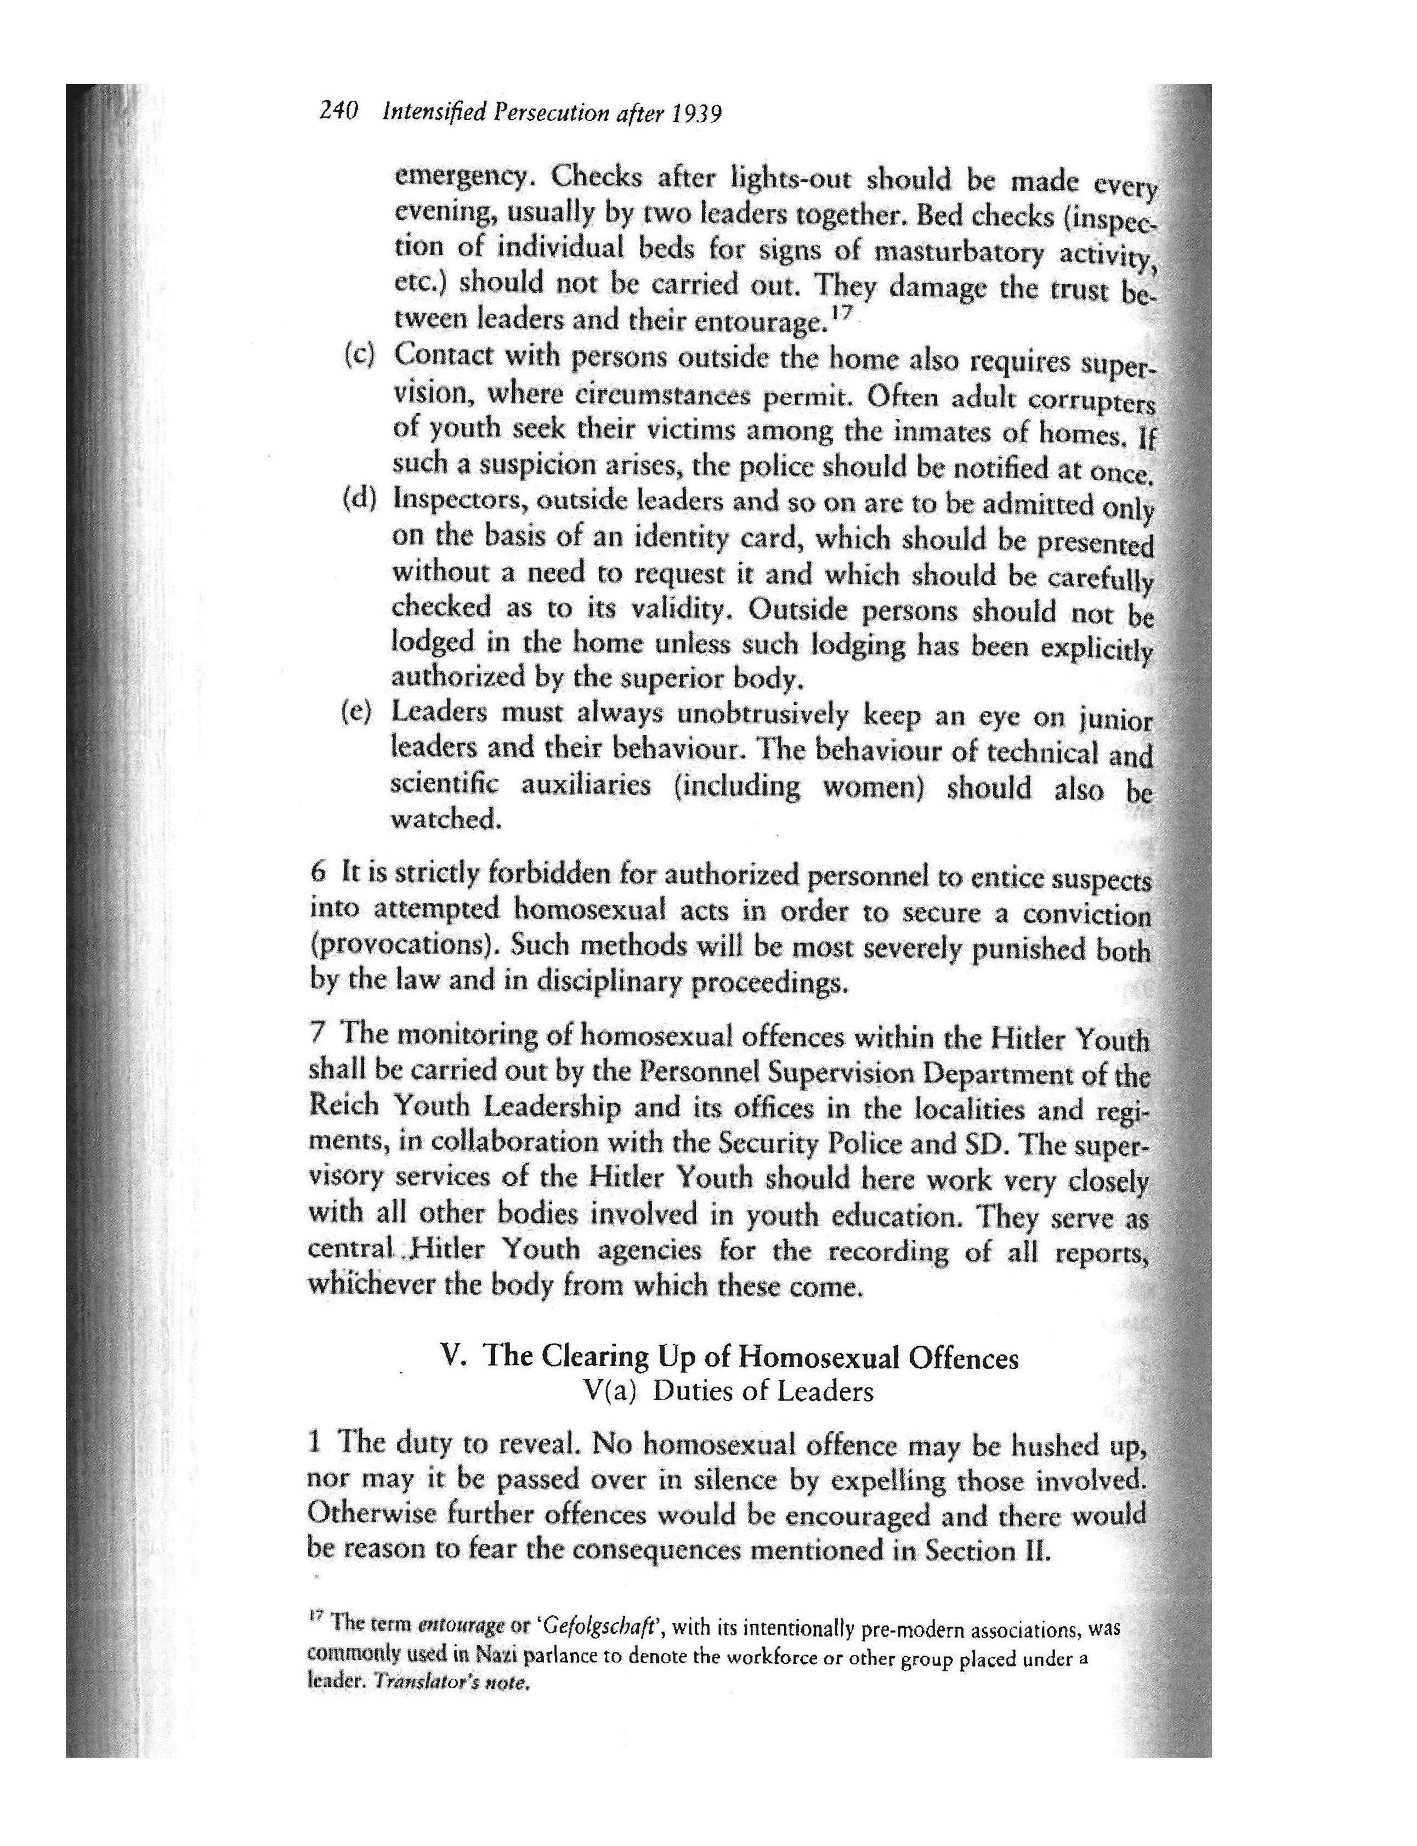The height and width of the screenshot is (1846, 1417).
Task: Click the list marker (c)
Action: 359,354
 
